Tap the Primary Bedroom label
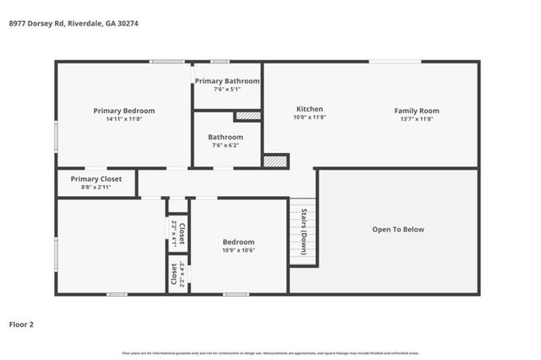(x=124, y=111)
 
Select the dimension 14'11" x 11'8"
(x=124, y=119)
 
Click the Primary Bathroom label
(x=227, y=81)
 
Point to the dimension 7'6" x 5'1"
(x=227, y=89)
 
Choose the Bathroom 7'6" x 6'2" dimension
(x=226, y=145)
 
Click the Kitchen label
(x=309, y=110)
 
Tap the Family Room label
(x=417, y=111)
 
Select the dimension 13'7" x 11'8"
(x=417, y=119)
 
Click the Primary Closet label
(x=96, y=179)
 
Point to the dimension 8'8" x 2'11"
(x=96, y=187)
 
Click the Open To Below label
(x=398, y=229)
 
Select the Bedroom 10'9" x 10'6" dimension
(x=238, y=250)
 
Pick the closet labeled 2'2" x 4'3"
(x=178, y=275)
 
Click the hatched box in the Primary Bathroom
(x=248, y=115)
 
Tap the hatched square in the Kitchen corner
(x=275, y=161)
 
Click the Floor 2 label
(x=22, y=324)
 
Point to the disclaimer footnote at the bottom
(x=270, y=352)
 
